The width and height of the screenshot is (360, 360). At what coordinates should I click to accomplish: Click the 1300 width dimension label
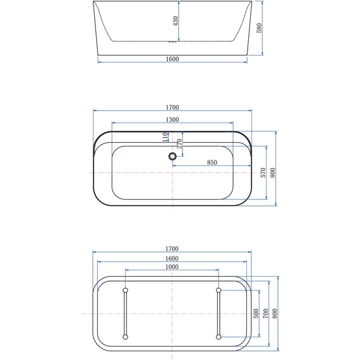tap(172, 119)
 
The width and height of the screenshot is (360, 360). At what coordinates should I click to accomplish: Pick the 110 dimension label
tap(165, 135)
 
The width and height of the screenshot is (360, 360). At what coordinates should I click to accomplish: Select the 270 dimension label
tap(179, 143)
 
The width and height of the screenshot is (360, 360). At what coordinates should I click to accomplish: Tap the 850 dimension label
tap(212, 162)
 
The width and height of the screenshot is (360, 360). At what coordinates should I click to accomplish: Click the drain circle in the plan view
tap(172, 156)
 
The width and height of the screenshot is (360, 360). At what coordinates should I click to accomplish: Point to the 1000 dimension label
tap(172, 267)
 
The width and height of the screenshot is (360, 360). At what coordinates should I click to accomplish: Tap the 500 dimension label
tap(256, 314)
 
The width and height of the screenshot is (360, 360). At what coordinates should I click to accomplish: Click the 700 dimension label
tap(265, 314)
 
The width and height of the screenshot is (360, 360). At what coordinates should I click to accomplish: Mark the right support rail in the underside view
tap(219, 314)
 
